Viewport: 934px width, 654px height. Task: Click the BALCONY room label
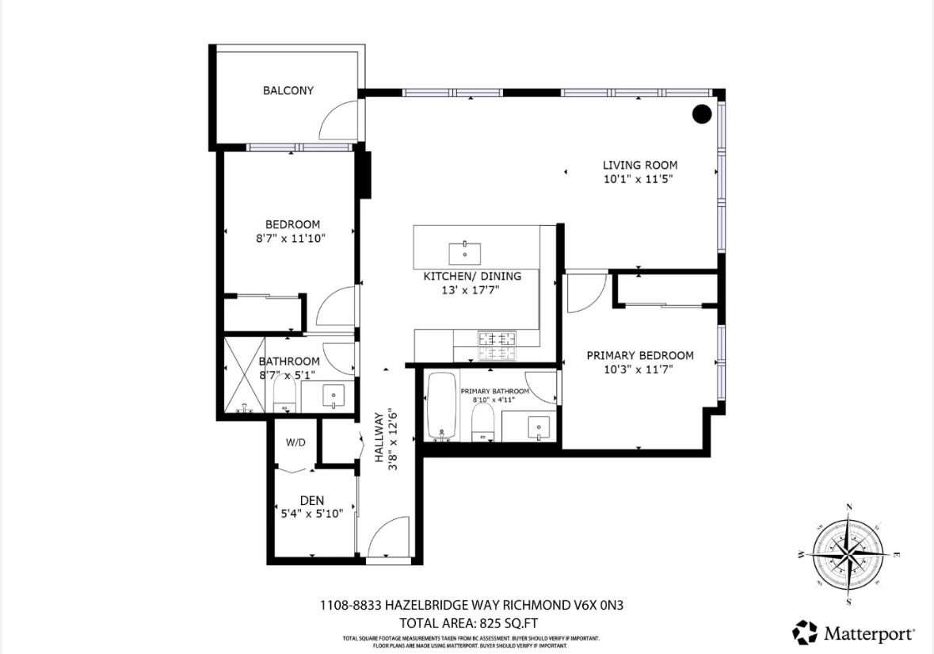(x=288, y=90)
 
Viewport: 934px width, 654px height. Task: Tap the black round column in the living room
(x=702, y=114)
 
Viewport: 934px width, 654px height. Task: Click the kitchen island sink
(x=464, y=254)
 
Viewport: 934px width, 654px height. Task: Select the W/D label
(x=295, y=442)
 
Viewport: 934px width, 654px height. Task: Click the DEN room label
(x=312, y=500)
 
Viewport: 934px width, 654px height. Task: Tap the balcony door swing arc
(x=339, y=124)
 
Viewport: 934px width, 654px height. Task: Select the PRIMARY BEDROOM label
(x=639, y=355)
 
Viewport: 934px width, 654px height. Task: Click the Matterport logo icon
(x=805, y=632)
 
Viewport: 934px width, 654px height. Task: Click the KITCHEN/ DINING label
(x=472, y=276)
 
